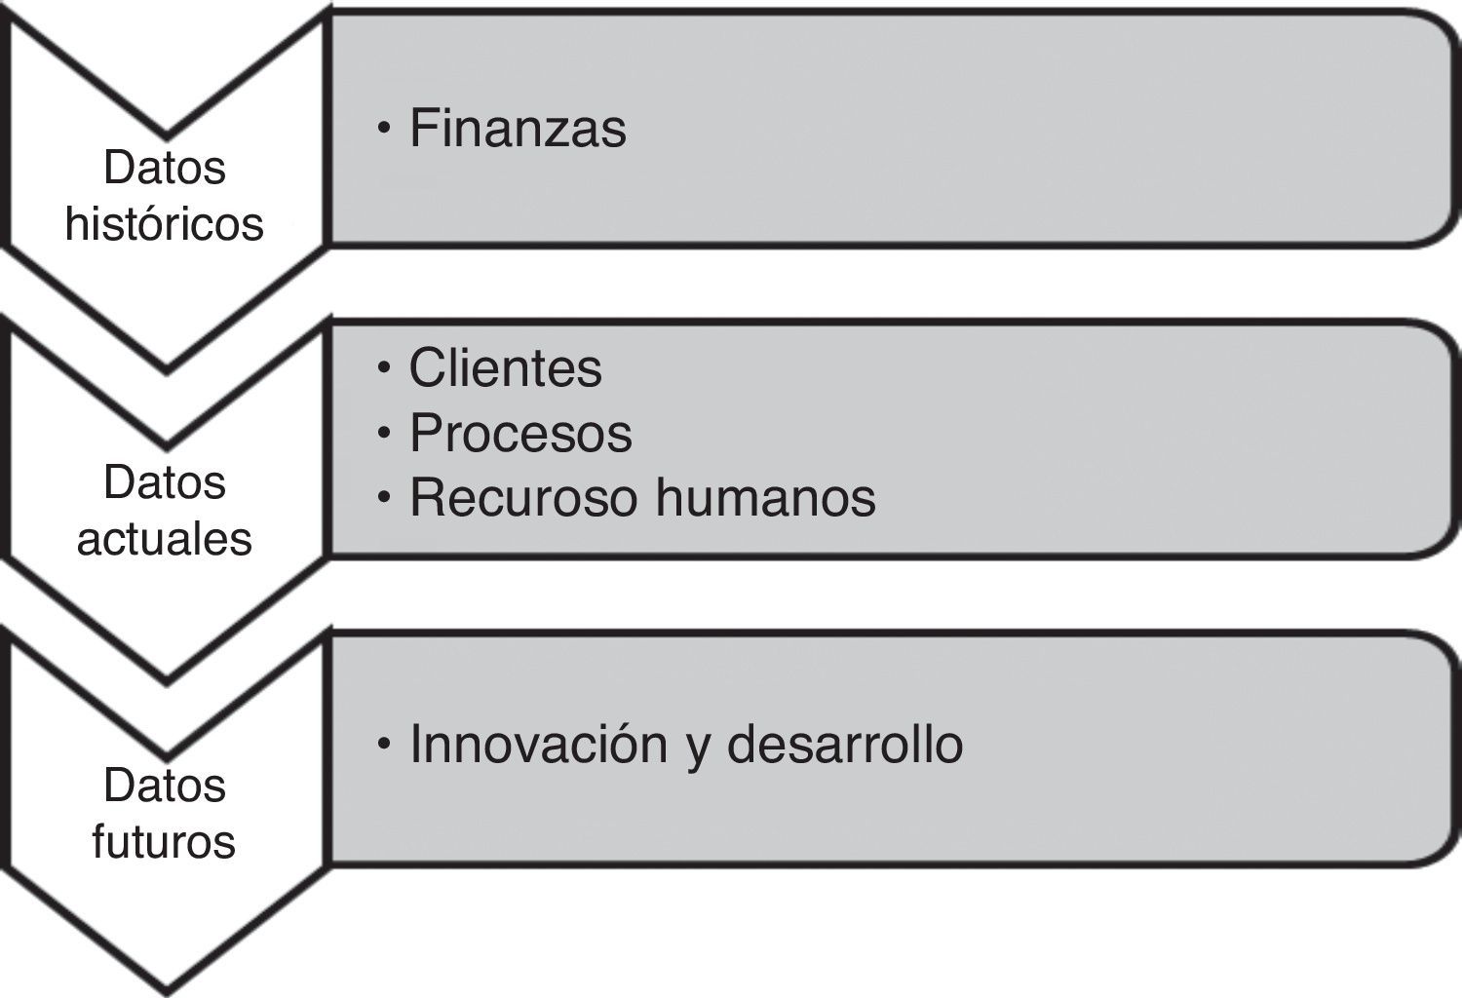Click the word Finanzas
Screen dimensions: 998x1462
518,129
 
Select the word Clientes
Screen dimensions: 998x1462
505,368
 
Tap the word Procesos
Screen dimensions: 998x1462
520,433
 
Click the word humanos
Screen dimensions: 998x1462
765,497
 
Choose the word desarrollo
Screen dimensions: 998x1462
845,745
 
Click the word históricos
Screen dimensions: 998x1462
165,223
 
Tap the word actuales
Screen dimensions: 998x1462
165,538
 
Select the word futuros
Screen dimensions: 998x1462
165,841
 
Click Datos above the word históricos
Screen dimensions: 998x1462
165,168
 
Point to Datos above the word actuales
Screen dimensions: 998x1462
165,482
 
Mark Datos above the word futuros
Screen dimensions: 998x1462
165,786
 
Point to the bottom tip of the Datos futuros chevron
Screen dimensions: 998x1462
166,989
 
